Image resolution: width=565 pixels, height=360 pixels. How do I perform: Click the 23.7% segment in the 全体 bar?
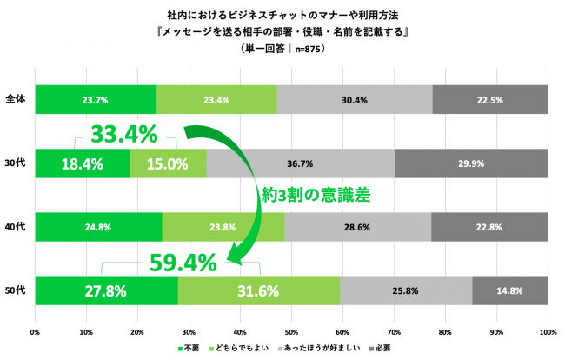(96, 99)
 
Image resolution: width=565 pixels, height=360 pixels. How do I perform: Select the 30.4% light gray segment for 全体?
(354, 99)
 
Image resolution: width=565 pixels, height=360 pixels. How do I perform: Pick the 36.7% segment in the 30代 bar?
(300, 163)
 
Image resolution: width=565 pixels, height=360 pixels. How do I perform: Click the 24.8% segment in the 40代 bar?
(98, 227)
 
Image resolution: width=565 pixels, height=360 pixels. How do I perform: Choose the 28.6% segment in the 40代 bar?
(357, 227)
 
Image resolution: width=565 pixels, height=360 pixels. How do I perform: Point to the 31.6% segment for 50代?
(259, 290)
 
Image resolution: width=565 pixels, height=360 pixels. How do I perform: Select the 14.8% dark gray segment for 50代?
(509, 290)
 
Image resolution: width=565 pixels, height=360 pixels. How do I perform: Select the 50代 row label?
(15, 290)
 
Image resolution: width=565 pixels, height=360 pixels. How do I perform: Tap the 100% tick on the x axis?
(547, 331)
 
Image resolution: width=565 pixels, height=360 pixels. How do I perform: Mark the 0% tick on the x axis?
(35, 331)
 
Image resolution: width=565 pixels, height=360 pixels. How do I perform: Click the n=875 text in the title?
(306, 50)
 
